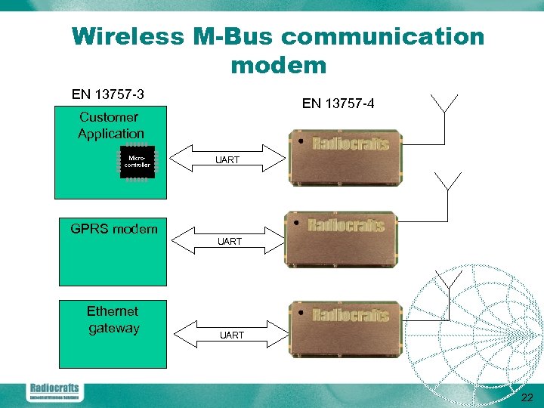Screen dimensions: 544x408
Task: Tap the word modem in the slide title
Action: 278,65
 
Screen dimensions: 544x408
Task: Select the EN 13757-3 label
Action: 108,94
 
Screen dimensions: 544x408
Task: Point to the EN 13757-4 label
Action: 338,104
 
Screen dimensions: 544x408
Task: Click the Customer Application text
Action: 110,125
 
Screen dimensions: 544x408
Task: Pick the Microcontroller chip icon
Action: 137,162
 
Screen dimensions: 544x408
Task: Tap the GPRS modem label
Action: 114,229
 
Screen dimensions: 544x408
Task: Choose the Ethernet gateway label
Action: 113,320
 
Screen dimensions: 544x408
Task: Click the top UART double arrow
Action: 227,159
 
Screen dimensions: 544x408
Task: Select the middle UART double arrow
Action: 229,241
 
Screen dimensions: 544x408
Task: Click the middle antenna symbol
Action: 449,181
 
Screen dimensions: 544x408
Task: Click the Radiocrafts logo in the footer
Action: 54,391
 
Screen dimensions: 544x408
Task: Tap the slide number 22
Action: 527,398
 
